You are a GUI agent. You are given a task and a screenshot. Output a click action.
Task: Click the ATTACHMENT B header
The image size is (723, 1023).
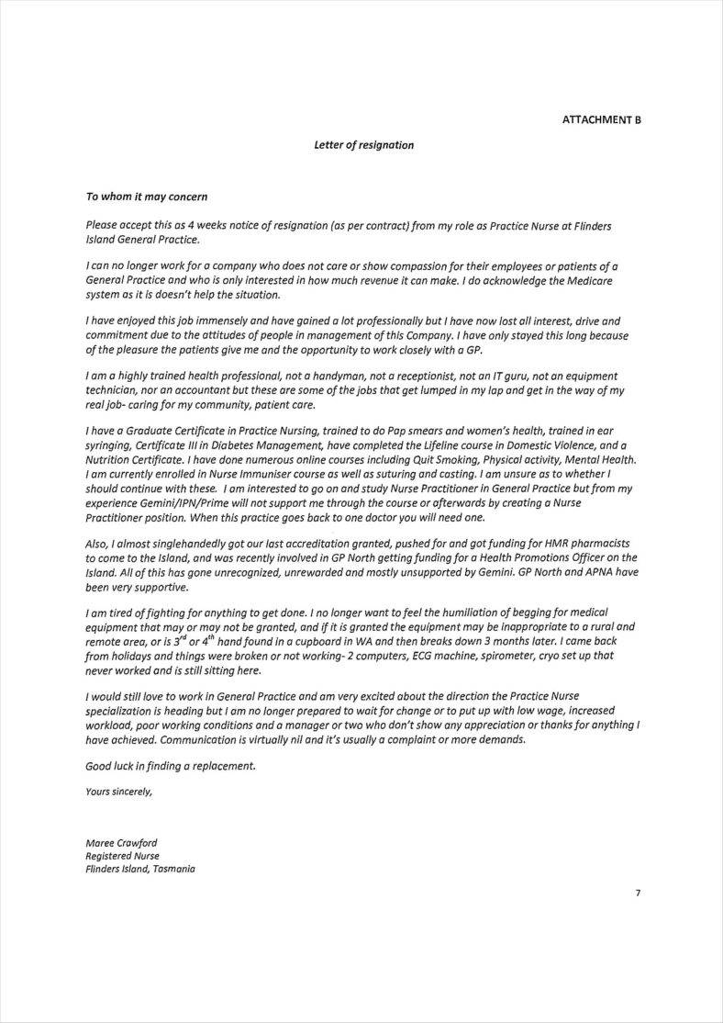coord(601,120)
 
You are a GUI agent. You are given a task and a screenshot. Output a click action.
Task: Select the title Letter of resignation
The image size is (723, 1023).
coord(363,145)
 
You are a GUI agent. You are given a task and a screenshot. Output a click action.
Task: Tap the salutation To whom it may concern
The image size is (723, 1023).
coord(147,197)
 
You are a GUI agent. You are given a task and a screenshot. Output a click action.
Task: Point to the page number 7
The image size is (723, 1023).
coord(638,893)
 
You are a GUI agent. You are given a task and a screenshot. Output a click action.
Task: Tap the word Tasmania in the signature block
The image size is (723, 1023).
coord(174,869)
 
